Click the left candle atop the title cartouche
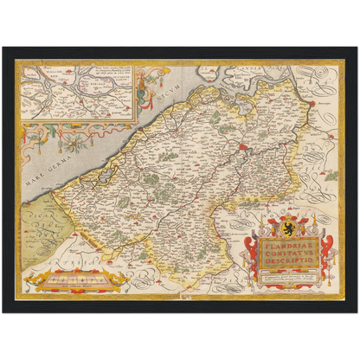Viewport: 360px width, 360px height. [256, 227]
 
